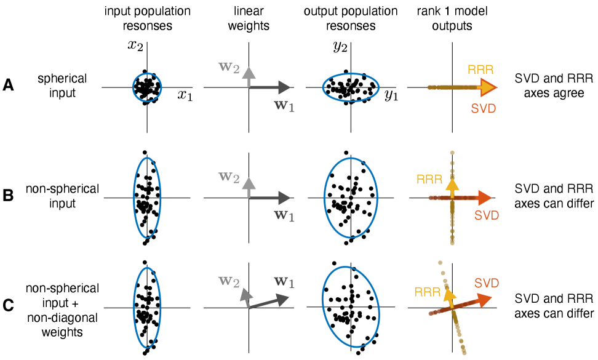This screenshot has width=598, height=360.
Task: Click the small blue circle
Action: (147, 87)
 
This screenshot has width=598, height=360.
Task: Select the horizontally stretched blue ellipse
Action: (351, 87)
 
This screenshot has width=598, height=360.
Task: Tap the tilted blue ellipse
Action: (351, 307)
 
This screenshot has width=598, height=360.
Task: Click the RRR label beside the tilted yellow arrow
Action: (428, 292)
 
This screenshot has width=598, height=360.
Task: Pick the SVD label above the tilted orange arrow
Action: (487, 283)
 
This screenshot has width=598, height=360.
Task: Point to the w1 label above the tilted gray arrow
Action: (284, 282)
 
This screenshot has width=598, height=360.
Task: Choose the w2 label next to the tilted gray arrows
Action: (229, 281)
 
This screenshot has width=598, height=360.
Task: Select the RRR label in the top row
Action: (480, 70)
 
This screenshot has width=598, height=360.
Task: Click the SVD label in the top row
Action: (483, 108)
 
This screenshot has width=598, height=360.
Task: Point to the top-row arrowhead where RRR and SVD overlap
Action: (489, 87)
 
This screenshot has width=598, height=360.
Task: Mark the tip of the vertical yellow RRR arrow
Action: (452, 181)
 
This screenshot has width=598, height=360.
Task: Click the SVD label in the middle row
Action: (487, 215)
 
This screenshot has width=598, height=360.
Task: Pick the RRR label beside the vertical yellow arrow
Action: (429, 180)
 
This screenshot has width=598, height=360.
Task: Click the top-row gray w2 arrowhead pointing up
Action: (249, 70)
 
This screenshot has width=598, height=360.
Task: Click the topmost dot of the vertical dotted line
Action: (452, 152)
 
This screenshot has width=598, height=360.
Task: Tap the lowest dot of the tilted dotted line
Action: (464, 353)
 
